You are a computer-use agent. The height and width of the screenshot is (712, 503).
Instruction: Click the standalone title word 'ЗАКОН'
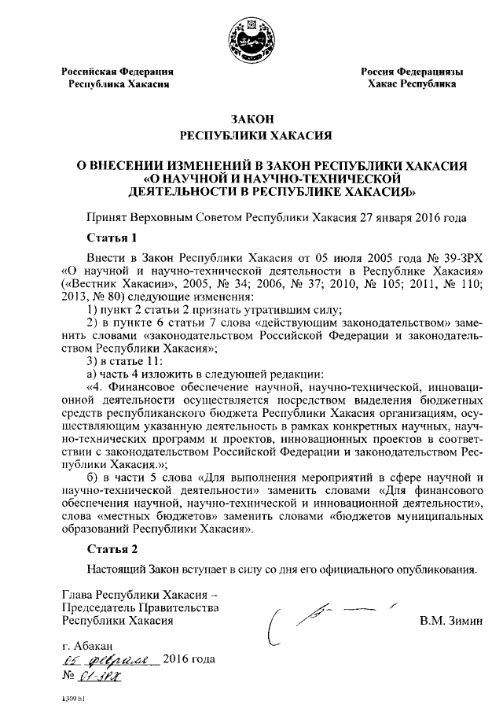(x=251, y=119)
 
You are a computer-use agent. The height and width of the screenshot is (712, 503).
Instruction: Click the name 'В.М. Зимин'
(x=446, y=622)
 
